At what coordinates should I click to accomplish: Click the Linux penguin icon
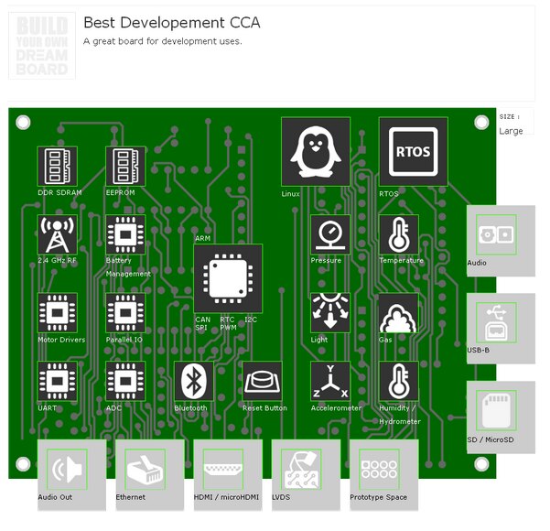315,151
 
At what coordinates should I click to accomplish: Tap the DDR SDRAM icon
57,166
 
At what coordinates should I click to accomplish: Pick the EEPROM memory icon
125,166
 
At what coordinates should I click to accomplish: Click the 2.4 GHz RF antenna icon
57,234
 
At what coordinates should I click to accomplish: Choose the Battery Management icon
125,234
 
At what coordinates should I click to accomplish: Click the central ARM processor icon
227,277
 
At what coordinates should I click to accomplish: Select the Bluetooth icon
194,380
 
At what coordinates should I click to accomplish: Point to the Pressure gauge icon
329,234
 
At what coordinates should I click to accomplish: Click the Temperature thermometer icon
398,234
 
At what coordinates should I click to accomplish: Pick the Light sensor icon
329,312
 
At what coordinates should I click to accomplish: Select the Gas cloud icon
398,312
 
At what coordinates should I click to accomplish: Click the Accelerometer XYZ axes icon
329,381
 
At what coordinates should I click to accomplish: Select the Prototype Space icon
379,469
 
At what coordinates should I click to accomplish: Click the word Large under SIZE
511,131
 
